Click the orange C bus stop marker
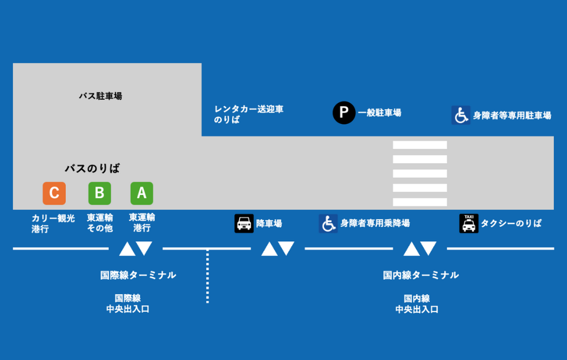click(54, 193)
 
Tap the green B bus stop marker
click(99, 193)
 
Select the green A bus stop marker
click(141, 193)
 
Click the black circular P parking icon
click(344, 112)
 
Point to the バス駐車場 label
click(100, 96)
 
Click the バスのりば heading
click(92, 168)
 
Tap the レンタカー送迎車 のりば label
click(249, 114)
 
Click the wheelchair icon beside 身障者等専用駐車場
click(461, 115)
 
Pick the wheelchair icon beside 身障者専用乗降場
click(328, 223)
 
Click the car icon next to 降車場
click(244, 223)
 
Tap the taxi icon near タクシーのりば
click(469, 223)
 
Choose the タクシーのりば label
click(511, 223)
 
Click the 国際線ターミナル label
click(138, 275)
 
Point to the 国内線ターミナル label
click(421, 275)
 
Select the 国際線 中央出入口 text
click(128, 303)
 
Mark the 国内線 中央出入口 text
click(417, 303)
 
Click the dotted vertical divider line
click(207, 276)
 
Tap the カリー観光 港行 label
click(53, 223)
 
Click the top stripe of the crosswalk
click(420, 145)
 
